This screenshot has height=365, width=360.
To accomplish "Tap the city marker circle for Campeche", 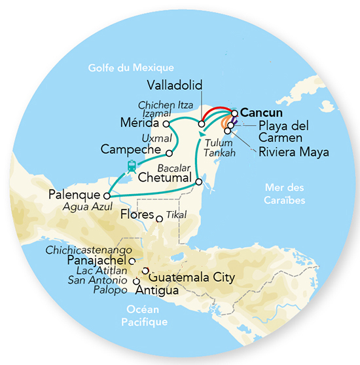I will click(170, 153).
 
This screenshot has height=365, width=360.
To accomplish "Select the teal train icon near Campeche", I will click(132, 166).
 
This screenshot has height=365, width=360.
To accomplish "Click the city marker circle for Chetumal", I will click(198, 180).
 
